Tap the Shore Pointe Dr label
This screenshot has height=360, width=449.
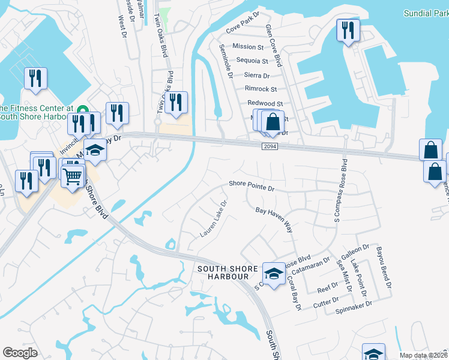(x=252, y=186)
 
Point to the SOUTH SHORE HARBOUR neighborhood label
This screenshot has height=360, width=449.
(x=223, y=272)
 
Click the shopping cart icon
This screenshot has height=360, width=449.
(x=72, y=176)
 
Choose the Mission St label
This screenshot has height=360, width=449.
(x=248, y=46)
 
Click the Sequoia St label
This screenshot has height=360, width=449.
(x=252, y=61)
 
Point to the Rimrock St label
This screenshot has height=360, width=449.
(x=261, y=89)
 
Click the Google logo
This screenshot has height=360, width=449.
(x=20, y=353)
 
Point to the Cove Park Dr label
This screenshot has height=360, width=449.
(x=242, y=22)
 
